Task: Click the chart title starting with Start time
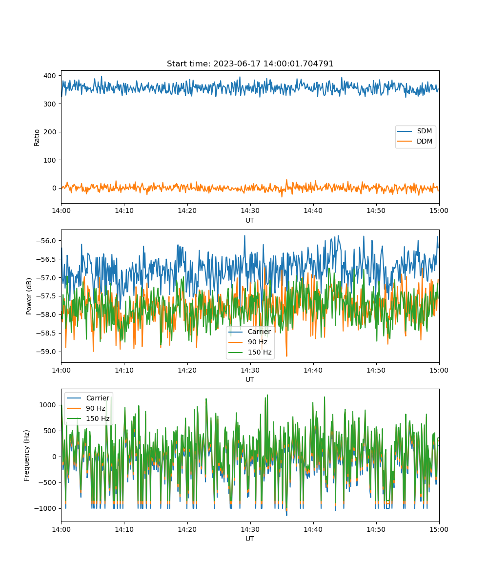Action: [x=250, y=63]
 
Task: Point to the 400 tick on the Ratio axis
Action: [x=50, y=76]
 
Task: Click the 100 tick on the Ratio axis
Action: [x=50, y=160]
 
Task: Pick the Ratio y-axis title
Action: [x=37, y=138]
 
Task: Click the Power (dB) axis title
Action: [x=29, y=296]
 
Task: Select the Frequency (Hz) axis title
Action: [x=27, y=456]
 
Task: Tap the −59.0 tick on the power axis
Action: [x=46, y=352]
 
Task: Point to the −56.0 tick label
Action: [x=46, y=241]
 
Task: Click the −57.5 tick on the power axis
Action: [x=46, y=296]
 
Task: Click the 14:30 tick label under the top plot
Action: [x=250, y=210]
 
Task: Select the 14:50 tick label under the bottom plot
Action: [x=376, y=529]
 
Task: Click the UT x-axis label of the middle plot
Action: [x=249, y=379]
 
